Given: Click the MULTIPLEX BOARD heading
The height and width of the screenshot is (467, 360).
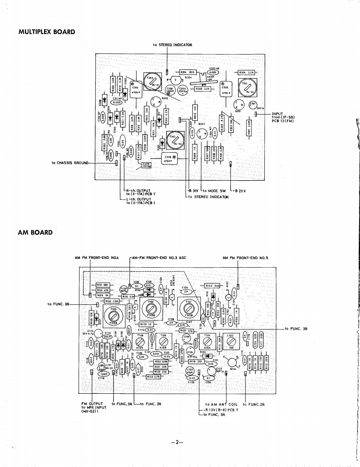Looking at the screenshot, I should pos(47,32).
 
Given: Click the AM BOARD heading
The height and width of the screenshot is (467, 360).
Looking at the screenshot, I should pos(35,232).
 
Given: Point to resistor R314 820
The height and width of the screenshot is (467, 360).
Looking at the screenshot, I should pos(184,72).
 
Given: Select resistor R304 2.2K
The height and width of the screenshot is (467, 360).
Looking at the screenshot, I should pos(247,72).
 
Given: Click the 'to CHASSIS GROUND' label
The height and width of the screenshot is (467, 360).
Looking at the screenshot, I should pos(70,163).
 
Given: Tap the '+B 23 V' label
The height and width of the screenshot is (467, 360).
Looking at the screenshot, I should pos(240,191).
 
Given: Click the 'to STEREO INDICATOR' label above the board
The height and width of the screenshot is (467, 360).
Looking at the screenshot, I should pos(173,45).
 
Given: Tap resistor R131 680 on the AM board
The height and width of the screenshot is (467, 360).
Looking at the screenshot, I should pos(102,285).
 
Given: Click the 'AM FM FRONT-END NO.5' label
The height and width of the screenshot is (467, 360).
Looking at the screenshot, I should pos(246,258).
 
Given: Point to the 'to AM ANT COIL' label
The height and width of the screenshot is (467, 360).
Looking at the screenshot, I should pos(221,404).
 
